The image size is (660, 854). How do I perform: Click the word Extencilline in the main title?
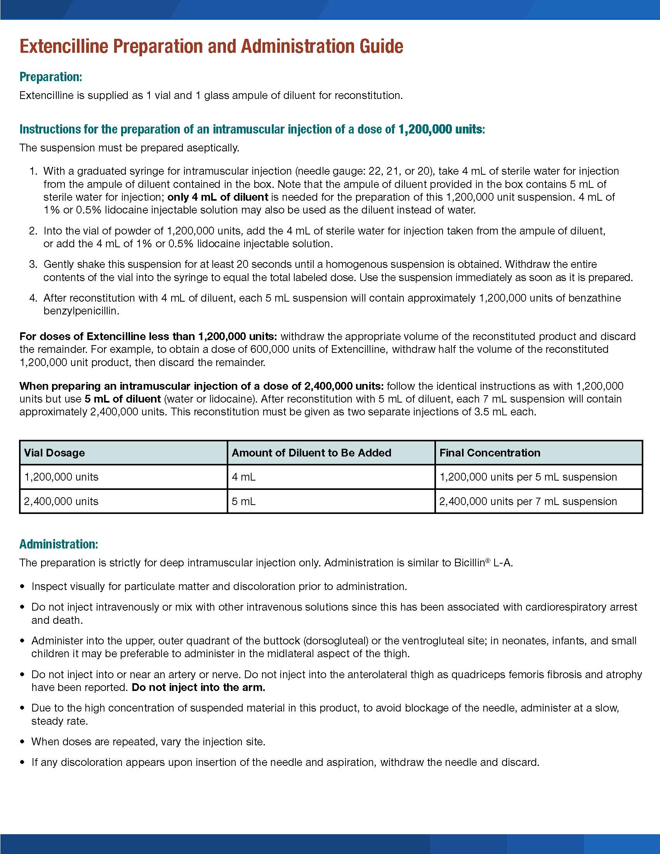pyautogui.click(x=64, y=46)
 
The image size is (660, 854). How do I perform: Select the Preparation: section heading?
pyautogui.click(x=51, y=76)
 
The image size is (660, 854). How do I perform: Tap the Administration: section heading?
pyautogui.click(x=59, y=544)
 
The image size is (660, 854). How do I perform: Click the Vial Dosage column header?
pyautogui.click(x=54, y=453)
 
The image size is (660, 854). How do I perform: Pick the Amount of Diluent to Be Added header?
pyautogui.click(x=311, y=453)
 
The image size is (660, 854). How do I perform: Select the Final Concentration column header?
pyautogui.click(x=490, y=453)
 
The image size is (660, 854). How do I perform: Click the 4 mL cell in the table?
pyautogui.click(x=243, y=477)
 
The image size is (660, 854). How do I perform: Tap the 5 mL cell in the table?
pyautogui.click(x=243, y=501)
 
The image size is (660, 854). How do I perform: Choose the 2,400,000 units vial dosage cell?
pyautogui.click(x=61, y=501)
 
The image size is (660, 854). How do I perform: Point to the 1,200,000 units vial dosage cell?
pyautogui.click(x=61, y=477)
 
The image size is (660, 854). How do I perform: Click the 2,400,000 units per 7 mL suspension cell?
pyautogui.click(x=528, y=501)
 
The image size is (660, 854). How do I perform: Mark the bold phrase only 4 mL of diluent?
pyautogui.click(x=218, y=197)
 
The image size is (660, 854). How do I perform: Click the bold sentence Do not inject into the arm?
pyautogui.click(x=198, y=687)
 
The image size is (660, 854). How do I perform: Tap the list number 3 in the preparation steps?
pyautogui.click(x=33, y=264)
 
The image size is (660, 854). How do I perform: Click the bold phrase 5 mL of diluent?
pyautogui.click(x=122, y=399)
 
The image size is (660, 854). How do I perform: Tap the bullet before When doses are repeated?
pyautogui.click(x=22, y=742)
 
